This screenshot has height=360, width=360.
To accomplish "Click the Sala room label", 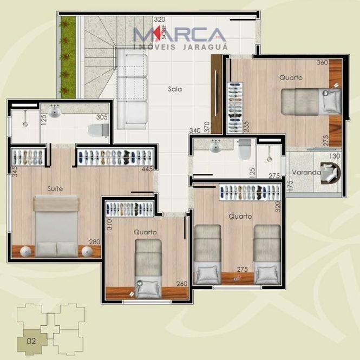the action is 175,89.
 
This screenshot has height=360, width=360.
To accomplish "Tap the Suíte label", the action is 55,188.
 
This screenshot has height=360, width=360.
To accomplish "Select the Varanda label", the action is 306,172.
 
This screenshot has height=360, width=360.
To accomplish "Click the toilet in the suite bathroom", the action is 99,130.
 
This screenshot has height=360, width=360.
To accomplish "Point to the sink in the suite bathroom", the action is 55,112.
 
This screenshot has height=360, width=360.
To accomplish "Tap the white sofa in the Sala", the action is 132,89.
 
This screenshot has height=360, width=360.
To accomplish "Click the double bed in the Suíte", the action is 56,226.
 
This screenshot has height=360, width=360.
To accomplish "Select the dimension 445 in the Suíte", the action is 147,169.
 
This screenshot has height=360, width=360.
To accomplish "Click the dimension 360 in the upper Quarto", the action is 322,62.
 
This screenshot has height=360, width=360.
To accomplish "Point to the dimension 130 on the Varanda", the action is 335,156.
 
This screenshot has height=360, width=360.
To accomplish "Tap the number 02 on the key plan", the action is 31,341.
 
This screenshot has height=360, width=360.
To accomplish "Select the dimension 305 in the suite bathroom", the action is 102,117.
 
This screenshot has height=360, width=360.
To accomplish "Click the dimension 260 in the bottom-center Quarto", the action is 182,284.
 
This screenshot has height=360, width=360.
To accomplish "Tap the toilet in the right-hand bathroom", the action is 245,150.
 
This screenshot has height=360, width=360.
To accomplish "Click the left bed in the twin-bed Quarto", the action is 207,255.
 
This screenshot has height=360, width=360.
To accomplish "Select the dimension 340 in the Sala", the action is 195,130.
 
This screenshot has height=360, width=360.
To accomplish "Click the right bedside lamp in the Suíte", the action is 87,252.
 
